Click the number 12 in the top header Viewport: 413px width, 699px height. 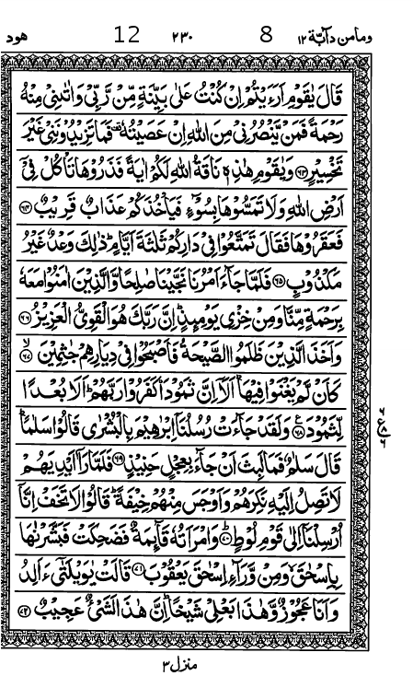127,36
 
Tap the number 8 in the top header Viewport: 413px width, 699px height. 267,36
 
